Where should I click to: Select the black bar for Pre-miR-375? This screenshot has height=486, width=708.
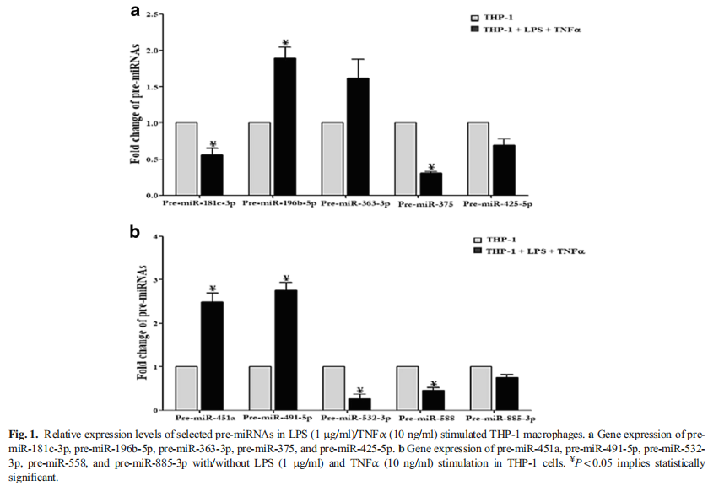point(430,183)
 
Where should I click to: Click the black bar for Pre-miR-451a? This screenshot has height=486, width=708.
point(212,355)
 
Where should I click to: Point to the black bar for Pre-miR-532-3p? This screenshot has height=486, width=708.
point(358,403)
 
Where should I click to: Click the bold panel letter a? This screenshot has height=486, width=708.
point(134,10)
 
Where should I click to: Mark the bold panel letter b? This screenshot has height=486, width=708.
point(134,230)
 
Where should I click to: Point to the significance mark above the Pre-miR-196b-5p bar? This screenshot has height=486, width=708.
point(285,42)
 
